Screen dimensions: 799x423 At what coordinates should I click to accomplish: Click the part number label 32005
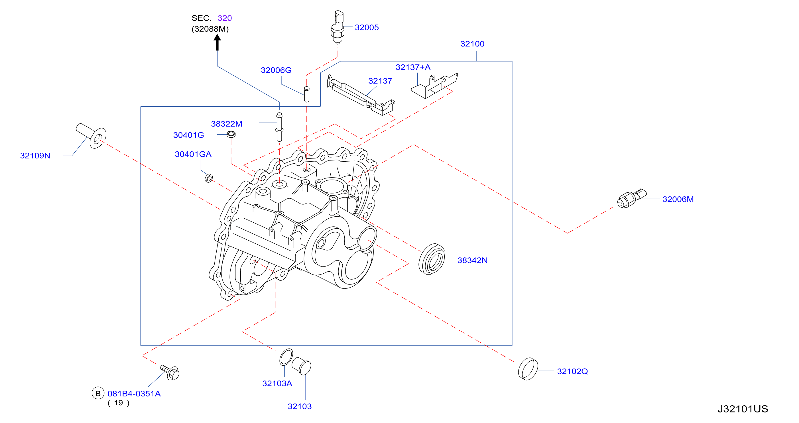tap(366, 28)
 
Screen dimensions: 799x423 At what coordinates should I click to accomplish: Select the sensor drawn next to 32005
tap(338, 27)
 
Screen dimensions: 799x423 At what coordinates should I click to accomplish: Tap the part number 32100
tap(472, 44)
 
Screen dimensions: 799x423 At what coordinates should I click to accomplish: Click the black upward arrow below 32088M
tap(217, 42)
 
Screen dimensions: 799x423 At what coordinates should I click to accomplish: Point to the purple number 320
tap(225, 18)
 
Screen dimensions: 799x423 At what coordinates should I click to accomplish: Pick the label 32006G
tap(276, 70)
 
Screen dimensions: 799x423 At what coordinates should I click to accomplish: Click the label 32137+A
tap(413, 67)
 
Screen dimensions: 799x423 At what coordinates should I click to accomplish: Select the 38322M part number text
tap(226, 124)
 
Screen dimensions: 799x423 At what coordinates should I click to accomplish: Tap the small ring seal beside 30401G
tap(231, 134)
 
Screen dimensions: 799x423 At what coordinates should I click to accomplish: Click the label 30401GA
tap(193, 154)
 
